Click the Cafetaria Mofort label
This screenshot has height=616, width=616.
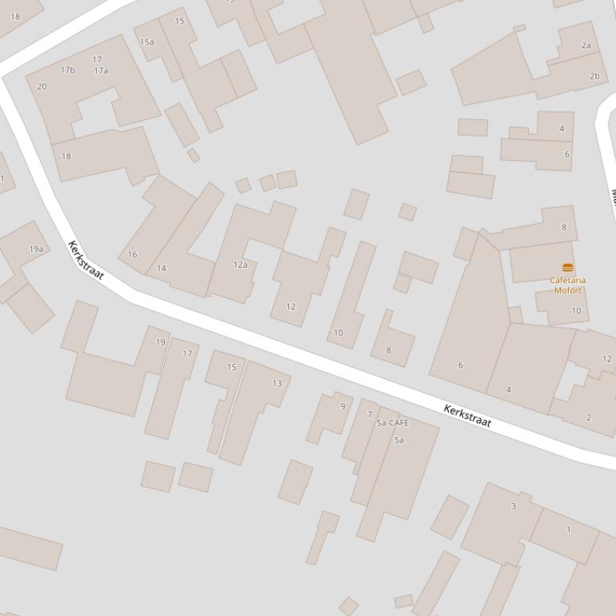[x=568, y=285]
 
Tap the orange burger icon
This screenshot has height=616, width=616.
[x=568, y=267]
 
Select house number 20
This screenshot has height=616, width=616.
[x=42, y=86]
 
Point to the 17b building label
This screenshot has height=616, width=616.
[x=68, y=70]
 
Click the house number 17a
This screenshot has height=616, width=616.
[x=101, y=70]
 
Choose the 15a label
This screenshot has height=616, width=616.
[x=146, y=42]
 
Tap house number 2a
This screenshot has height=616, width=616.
[x=586, y=46]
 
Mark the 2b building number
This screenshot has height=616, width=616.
[x=594, y=76]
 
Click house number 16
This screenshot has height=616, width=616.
[x=132, y=254]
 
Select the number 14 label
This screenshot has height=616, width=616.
[x=162, y=268]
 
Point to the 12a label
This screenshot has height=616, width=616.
[x=240, y=264]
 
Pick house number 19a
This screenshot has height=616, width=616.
[x=36, y=249]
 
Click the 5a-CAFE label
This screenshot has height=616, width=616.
[x=392, y=422]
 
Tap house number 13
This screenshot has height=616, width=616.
[x=277, y=383]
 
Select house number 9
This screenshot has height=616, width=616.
[x=343, y=406]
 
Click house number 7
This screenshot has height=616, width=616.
[x=370, y=414]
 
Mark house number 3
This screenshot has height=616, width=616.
[x=514, y=506]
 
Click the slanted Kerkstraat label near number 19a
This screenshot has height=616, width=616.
[x=86, y=260]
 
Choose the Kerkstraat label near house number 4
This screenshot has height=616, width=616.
[x=468, y=416]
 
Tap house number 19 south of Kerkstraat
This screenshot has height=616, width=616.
[x=160, y=342]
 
